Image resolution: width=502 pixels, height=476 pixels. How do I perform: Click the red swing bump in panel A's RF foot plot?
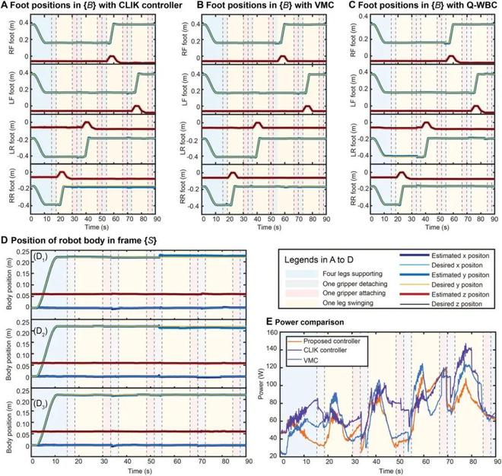(x=111, y=57)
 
